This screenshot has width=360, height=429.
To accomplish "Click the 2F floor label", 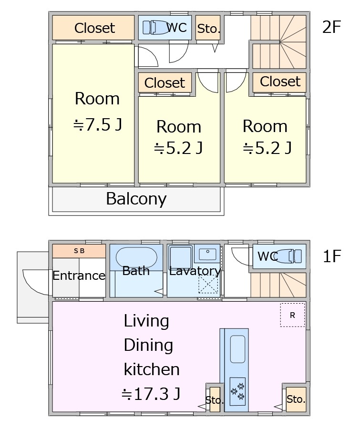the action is point(331,27).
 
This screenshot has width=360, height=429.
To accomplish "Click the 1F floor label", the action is point(332,256).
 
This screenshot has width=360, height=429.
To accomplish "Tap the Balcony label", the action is point(136,199).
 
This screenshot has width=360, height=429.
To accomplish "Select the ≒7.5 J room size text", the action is point(97,124).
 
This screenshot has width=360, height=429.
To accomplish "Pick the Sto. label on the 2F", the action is point(208,29).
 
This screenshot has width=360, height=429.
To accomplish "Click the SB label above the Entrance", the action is point(79,251).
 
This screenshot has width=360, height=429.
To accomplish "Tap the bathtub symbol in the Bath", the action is point(136,257).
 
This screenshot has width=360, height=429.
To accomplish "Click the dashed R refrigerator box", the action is point(292,315).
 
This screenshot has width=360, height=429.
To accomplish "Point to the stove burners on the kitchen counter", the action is point(237,391).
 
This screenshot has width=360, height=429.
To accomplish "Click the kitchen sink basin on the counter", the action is point(237,349).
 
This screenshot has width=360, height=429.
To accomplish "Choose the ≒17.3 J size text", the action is point(151,394).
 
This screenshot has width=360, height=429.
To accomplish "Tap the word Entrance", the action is point(79,276).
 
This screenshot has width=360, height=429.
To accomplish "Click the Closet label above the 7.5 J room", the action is point(94,28).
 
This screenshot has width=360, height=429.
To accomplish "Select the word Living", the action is point(146,321).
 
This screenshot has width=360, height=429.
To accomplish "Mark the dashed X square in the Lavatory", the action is point(208,283).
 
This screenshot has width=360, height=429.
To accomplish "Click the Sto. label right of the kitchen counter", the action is point(296,399).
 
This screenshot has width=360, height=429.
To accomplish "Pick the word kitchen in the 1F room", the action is point(152,369).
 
